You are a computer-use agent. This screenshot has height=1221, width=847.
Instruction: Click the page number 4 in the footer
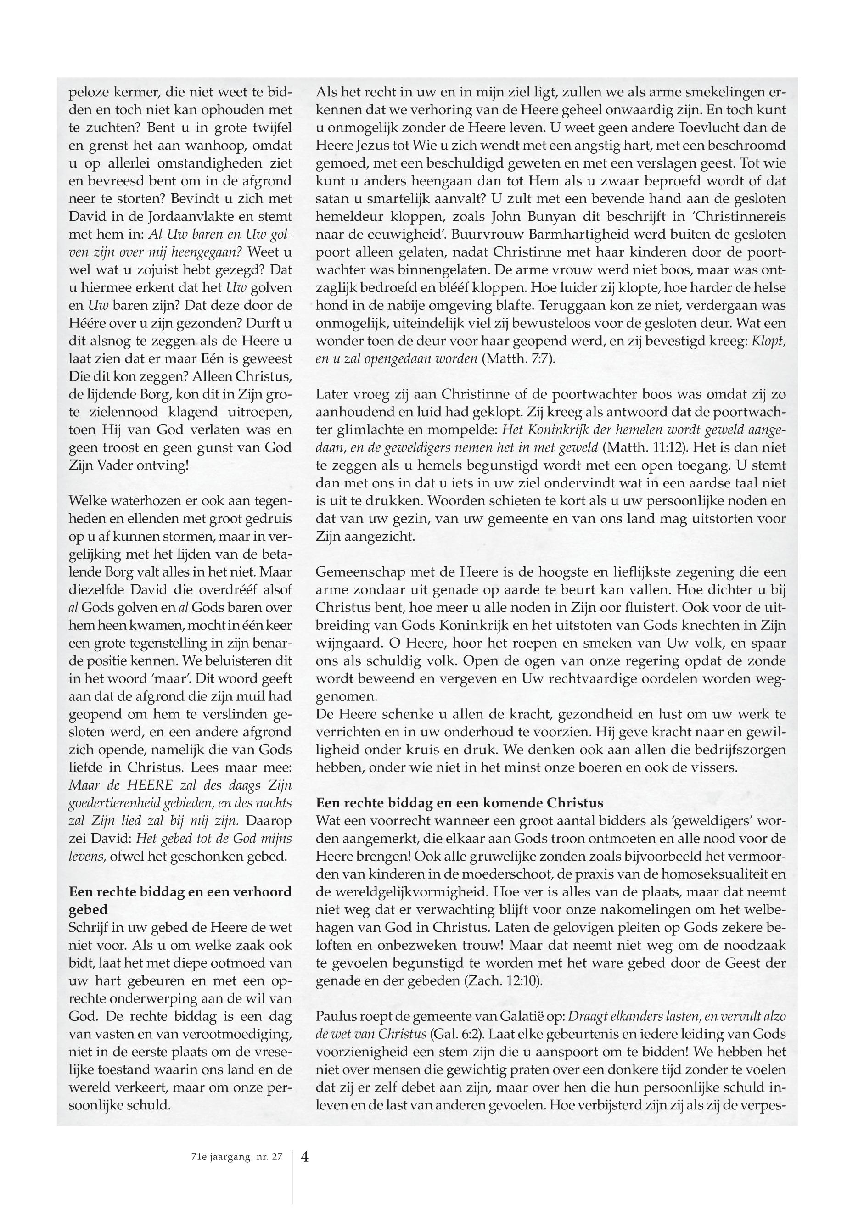tap(305, 1156)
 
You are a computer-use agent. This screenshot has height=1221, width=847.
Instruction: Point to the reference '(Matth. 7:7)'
tap(517, 358)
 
